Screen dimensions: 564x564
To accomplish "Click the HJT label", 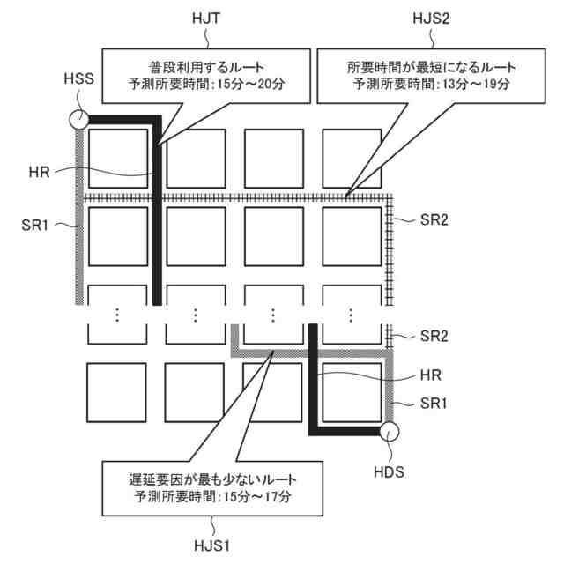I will click(x=205, y=17).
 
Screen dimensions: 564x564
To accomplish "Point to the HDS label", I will click(x=388, y=471).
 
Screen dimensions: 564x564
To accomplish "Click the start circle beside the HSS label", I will click(x=78, y=119).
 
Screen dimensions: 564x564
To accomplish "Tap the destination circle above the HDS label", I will click(x=389, y=432).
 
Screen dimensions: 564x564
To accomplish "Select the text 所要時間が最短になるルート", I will click(x=430, y=67).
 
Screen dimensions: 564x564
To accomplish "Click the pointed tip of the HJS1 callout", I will click(x=274, y=352).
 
